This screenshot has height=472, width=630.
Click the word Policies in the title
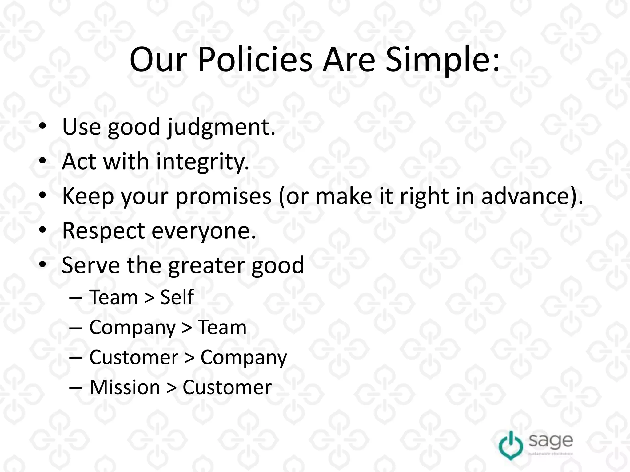coord(255,60)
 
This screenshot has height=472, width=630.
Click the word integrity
coord(202,162)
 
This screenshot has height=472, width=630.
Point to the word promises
coord(223,196)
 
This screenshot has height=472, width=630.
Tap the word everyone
coord(204,231)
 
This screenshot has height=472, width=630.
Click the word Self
coord(177,297)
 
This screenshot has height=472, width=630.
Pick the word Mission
coord(125,387)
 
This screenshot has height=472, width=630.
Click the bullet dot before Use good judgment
coord(43,126)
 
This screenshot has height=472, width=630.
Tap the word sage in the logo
coord(551,441)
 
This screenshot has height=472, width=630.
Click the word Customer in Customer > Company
coord(134,357)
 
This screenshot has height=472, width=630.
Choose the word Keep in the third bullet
coord(88,196)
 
